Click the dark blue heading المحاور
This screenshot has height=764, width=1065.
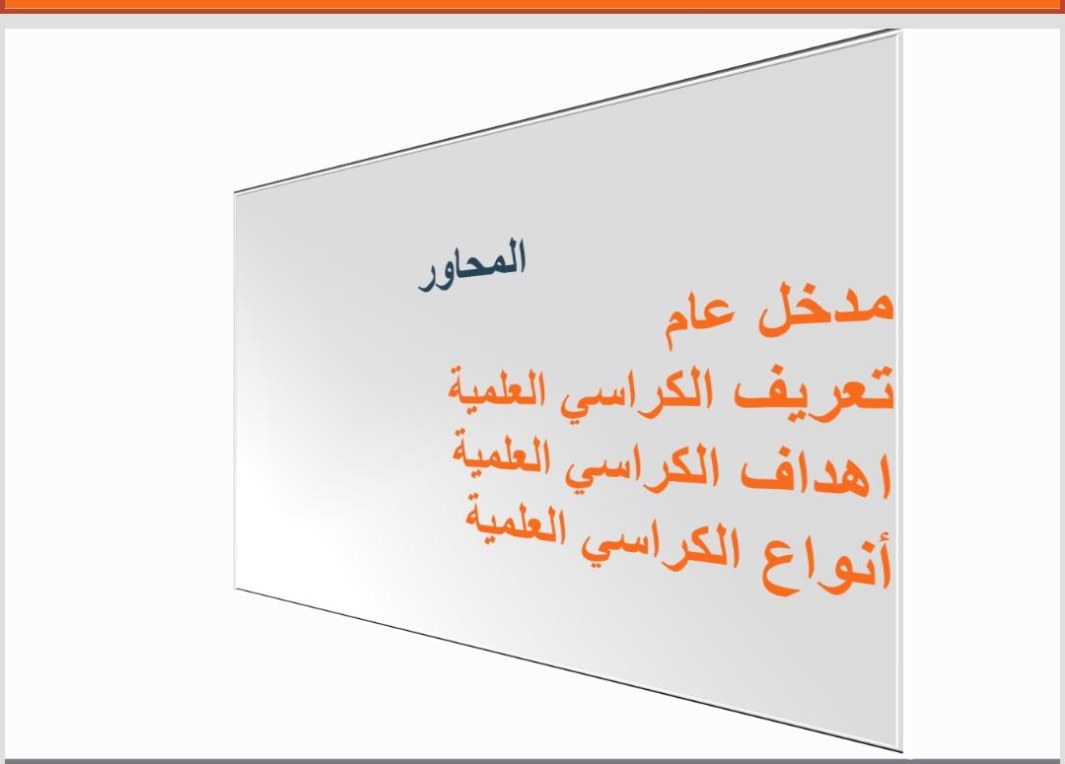click(472, 265)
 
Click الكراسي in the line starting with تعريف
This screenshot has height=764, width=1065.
click(636, 391)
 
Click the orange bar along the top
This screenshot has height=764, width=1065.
click(532, 6)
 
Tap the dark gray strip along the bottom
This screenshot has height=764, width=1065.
click(532, 761)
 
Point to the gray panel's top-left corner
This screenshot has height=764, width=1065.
click(235, 193)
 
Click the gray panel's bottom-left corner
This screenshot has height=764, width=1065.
click(235, 589)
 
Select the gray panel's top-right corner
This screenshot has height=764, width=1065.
click(900, 30)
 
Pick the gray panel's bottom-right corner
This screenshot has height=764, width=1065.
click(902, 751)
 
